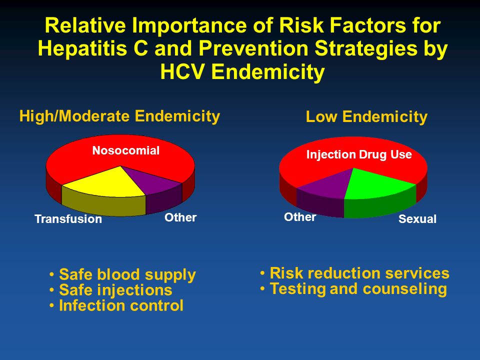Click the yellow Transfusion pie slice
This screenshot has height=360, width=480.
(98, 182)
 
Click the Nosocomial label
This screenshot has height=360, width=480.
(126, 150)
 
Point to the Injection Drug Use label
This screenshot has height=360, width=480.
(358, 155)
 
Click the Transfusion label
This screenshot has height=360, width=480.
(68, 219)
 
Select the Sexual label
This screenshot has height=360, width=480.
(417, 219)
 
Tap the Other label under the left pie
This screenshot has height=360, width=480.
(180, 217)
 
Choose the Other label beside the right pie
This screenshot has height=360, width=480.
(300, 217)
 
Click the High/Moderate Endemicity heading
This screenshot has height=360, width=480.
(119, 116)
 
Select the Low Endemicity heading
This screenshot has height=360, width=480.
(366, 117)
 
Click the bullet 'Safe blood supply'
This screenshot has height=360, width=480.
(127, 274)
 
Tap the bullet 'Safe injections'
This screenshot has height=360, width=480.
(115, 290)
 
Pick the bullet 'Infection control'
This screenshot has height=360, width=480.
(121, 305)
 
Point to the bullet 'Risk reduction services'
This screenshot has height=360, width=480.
(359, 273)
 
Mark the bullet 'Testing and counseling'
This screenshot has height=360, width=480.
(358, 289)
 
